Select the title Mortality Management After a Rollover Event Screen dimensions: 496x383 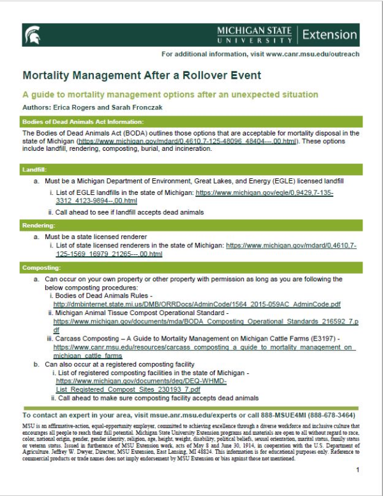(142, 75)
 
